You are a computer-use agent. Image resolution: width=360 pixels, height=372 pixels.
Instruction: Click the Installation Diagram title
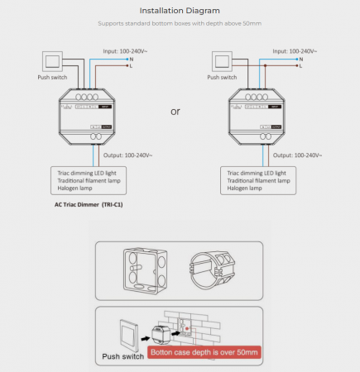[180, 11]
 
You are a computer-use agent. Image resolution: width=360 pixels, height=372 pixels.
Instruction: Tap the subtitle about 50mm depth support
[180, 25]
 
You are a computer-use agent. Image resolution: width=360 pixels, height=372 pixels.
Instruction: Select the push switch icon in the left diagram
[50, 60]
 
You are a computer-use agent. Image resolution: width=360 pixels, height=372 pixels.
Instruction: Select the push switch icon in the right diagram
[221, 60]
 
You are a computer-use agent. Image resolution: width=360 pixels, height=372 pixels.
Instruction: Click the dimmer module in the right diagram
[258, 115]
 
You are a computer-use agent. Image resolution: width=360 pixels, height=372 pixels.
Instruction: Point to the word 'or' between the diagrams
[175, 110]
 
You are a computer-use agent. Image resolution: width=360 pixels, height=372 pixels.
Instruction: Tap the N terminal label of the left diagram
[132, 59]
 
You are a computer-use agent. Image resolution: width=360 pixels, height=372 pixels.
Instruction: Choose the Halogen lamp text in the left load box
[77, 187]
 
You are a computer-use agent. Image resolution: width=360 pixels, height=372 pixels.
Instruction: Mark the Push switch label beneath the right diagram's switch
[223, 77]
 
